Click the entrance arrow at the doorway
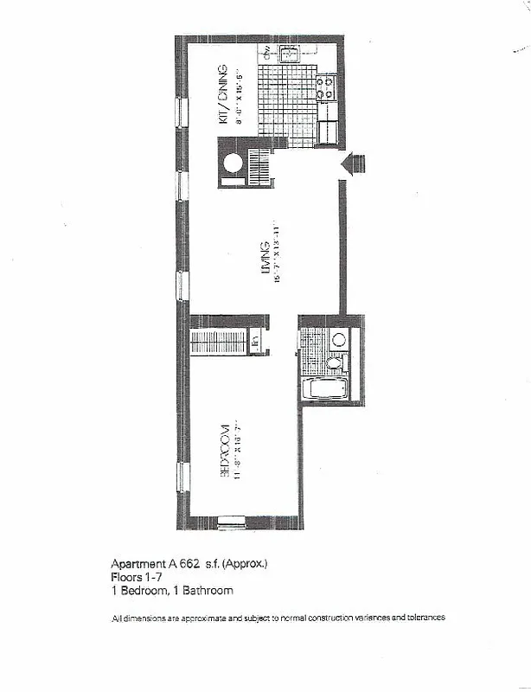point(355,164)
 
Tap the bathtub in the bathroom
point(325,388)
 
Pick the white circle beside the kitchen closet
point(233,164)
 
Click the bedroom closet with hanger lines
point(220,341)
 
